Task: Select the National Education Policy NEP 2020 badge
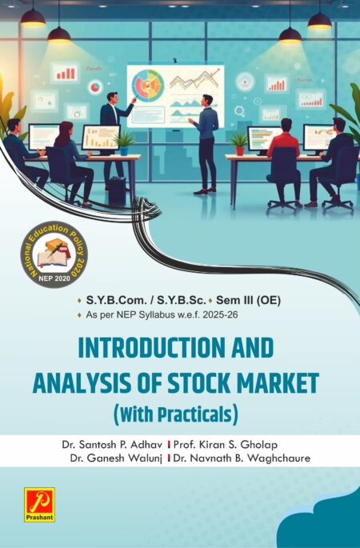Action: pos(54,257)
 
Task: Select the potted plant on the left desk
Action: pos(124,142)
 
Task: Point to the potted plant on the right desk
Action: pos(238,142)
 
